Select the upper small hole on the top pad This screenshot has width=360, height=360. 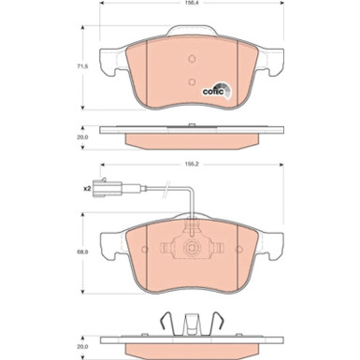pyautogui.click(x=190, y=57)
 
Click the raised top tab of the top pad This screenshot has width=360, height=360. pyautogui.click(x=190, y=43)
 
